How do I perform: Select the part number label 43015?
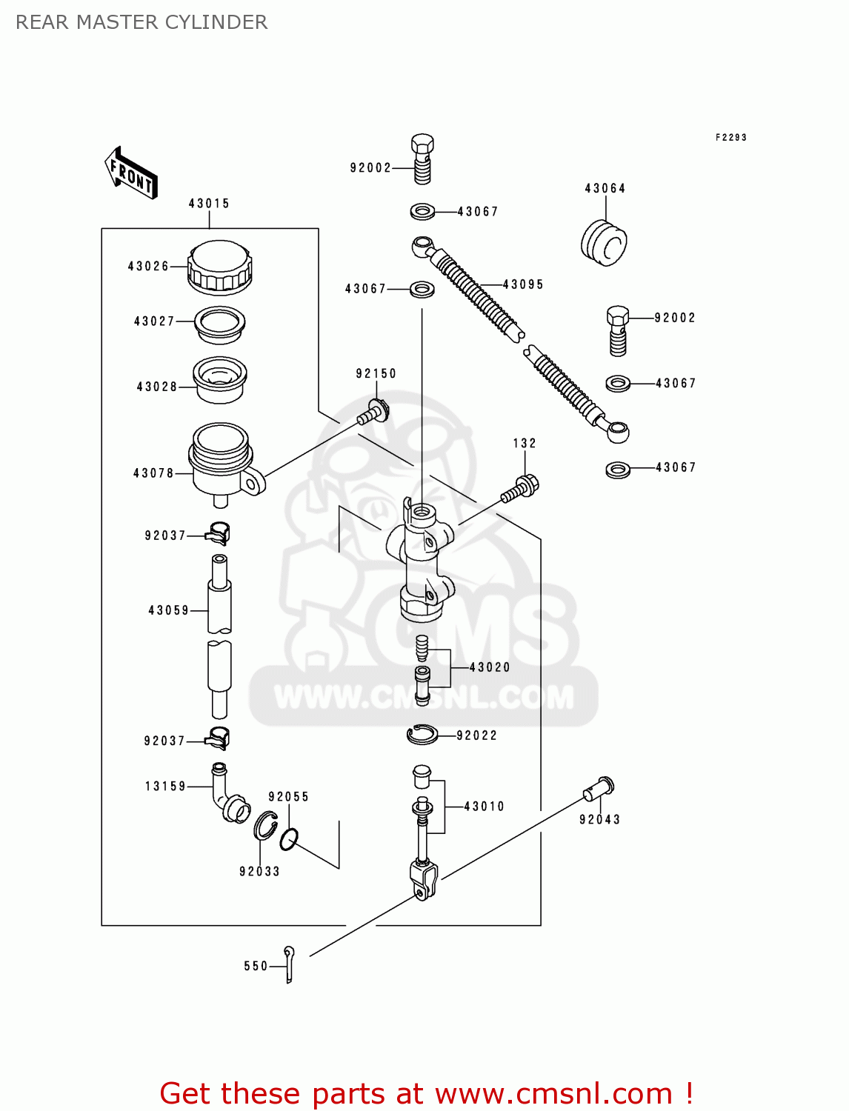click(x=209, y=204)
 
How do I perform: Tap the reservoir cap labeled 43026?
click(x=220, y=267)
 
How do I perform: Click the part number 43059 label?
click(x=169, y=610)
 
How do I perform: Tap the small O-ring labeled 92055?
click(x=289, y=839)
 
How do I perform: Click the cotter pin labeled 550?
click(x=289, y=964)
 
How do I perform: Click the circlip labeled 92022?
click(x=422, y=734)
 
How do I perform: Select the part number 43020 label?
click(x=490, y=667)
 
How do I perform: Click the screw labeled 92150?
click(x=374, y=412)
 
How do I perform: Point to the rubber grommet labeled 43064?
click(x=604, y=241)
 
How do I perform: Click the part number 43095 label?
click(x=523, y=284)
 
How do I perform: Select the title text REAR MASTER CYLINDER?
click(x=141, y=22)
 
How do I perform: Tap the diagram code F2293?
click(x=730, y=138)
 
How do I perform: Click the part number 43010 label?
click(x=484, y=807)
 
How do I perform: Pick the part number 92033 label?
click(x=259, y=872)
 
